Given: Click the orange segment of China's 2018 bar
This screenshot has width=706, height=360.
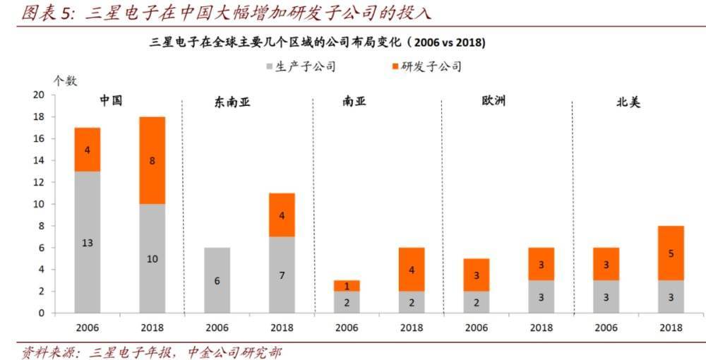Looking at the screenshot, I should click(x=152, y=160).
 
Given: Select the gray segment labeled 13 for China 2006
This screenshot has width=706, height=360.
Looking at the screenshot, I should click(x=87, y=242).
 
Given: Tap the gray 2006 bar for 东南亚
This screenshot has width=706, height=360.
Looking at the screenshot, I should click(x=217, y=280).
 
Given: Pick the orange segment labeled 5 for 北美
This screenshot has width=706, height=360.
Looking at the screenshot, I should click(x=670, y=253).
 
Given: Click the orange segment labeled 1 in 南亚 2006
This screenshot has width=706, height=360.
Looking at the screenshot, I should click(x=347, y=286).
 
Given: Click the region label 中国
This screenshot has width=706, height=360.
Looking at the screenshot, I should click(x=111, y=100).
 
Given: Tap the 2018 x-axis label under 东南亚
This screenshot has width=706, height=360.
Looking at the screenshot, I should click(x=282, y=328).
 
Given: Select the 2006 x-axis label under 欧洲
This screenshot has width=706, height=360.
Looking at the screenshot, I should click(x=477, y=328).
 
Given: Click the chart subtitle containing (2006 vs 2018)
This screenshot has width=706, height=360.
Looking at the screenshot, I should click(x=317, y=43).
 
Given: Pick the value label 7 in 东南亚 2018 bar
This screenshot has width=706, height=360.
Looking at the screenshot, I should click(x=282, y=275).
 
